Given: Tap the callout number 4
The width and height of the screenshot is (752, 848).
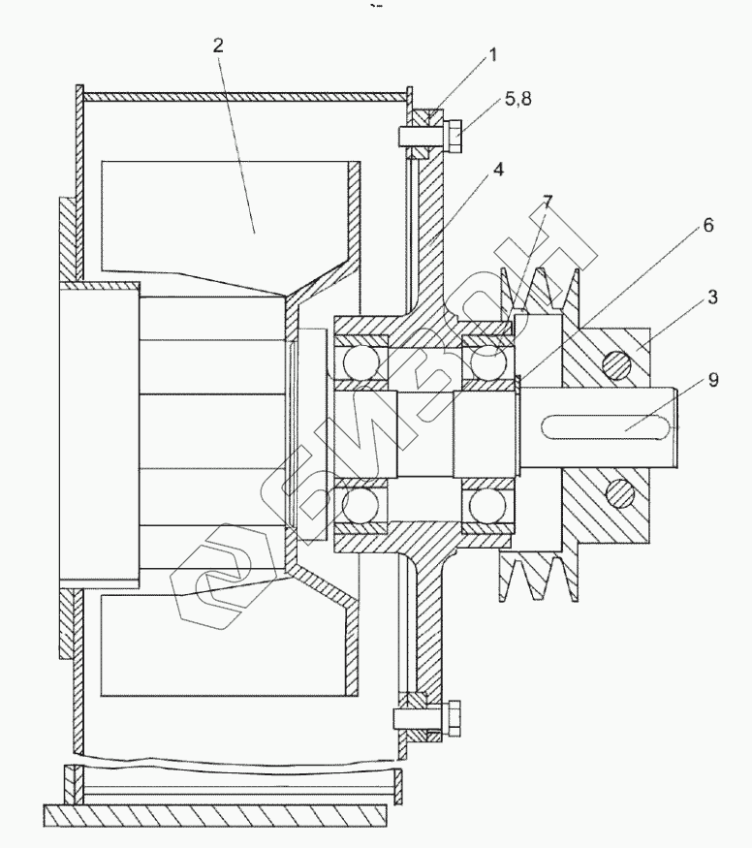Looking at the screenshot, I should pyautogui.click(x=498, y=168).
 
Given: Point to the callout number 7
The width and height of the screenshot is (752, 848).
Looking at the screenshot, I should pyautogui.click(x=548, y=202).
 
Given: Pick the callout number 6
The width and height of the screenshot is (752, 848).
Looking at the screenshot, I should pyautogui.click(x=708, y=225).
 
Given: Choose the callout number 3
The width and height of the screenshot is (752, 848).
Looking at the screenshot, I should pyautogui.click(x=712, y=298).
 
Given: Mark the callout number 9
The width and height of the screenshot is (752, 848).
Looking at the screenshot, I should pyautogui.click(x=713, y=380).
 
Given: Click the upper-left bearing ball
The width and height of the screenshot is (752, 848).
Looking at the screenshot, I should pyautogui.click(x=356, y=362).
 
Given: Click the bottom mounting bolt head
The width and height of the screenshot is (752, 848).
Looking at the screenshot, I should pyautogui.click(x=454, y=718).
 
